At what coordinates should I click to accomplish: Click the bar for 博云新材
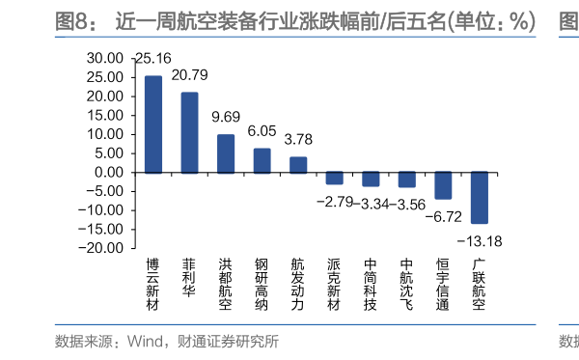pos(153,125)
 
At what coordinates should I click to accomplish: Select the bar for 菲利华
pos(189,132)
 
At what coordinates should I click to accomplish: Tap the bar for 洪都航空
pos(225,153)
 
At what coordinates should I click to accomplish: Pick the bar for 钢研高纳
pos(262,160)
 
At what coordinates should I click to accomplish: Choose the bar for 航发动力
pos(298,165)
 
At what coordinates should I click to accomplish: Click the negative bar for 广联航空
pos(480,198)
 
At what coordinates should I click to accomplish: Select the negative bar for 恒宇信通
pos(443,185)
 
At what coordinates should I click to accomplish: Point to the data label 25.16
pos(154,59)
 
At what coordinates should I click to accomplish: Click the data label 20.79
pos(190,74)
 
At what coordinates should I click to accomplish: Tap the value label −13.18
pos(480,240)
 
